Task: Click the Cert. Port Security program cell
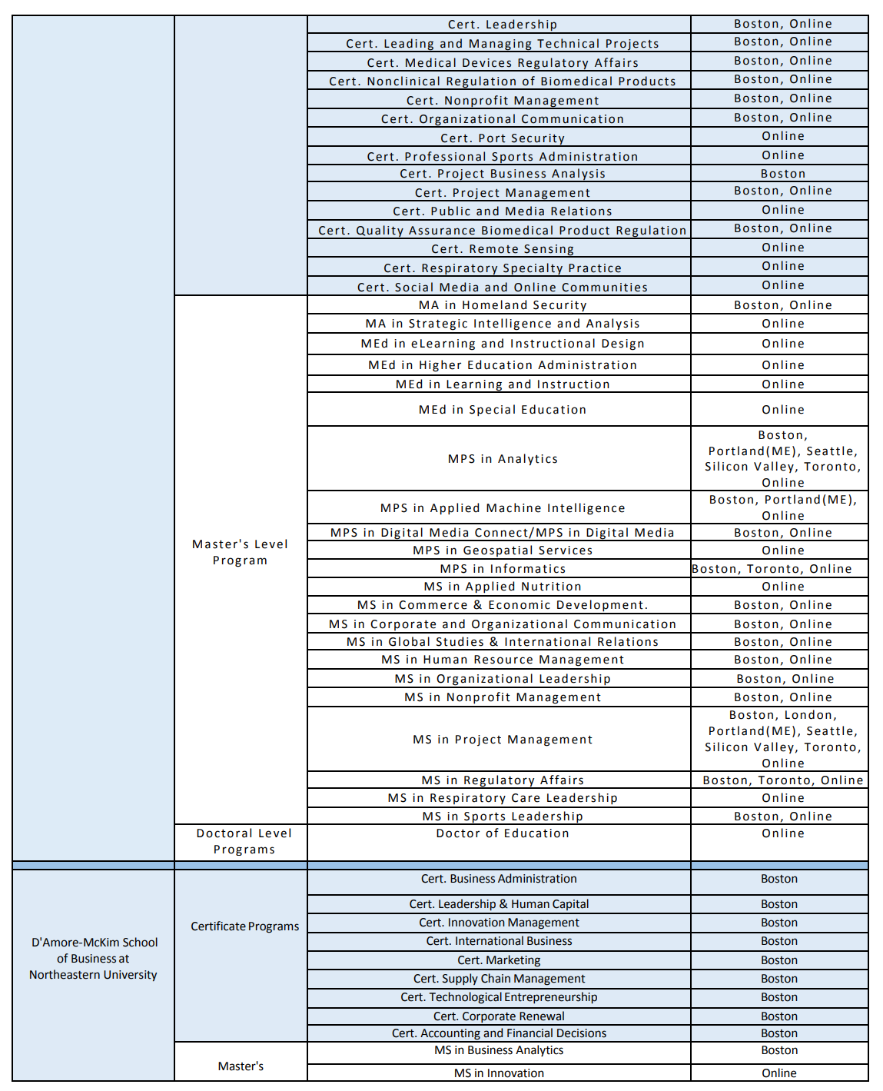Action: click(503, 138)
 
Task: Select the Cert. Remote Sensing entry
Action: click(503, 249)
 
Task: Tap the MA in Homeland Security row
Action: click(503, 305)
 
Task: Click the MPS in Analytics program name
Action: click(503, 459)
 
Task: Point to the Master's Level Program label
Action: click(241, 552)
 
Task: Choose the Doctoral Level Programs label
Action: click(244, 841)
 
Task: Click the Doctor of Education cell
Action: click(503, 833)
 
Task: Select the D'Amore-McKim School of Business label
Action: click(94, 959)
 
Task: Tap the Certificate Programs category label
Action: click(244, 926)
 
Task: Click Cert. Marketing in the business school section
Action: click(499, 960)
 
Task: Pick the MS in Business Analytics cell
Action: click(499, 1050)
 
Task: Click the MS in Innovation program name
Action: click(499, 1073)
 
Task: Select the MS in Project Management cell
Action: click(503, 740)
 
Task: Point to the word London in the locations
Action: click(809, 715)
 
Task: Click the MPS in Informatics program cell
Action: click(503, 569)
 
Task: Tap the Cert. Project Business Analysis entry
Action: click(503, 174)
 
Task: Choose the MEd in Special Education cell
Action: click(503, 410)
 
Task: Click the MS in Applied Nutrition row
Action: click(503, 587)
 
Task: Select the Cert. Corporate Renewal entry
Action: click(499, 1016)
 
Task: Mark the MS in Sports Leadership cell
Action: click(503, 817)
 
